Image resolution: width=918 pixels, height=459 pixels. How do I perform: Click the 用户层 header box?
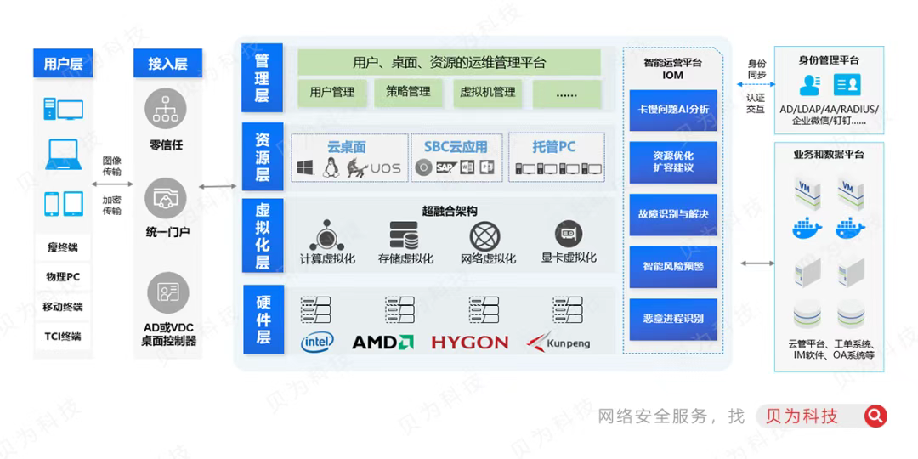(x=64, y=64)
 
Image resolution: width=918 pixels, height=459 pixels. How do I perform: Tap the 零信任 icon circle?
(x=167, y=109)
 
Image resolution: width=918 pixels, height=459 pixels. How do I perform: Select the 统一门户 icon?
(x=167, y=200)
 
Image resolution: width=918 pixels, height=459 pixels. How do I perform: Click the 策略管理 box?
(x=408, y=92)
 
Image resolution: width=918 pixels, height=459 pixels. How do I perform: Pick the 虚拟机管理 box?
(x=487, y=92)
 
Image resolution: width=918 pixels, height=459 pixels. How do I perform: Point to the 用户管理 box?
(x=331, y=92)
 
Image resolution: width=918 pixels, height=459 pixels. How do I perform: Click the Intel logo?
(x=318, y=342)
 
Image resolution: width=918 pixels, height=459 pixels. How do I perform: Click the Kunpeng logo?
(x=558, y=343)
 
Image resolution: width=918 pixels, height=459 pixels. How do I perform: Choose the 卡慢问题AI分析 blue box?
(x=673, y=110)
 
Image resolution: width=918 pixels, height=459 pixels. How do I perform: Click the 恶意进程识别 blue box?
(x=673, y=319)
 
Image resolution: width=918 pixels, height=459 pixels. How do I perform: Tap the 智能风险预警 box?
(x=673, y=267)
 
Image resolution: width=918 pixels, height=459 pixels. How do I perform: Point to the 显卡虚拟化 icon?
(x=569, y=234)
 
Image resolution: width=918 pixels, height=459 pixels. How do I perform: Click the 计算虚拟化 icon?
(x=327, y=235)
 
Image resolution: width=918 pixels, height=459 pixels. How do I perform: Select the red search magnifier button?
(x=875, y=416)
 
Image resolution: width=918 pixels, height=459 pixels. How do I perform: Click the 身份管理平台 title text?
(x=829, y=60)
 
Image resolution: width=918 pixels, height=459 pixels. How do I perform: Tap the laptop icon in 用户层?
(x=64, y=155)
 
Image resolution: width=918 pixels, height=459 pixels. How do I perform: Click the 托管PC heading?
(x=554, y=147)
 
